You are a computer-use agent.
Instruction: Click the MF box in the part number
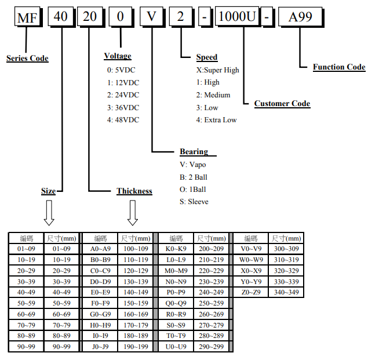pyautogui.click(x=27, y=18)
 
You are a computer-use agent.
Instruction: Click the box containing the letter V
pyautogui.click(x=151, y=18)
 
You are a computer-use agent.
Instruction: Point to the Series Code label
pyautogui.click(x=27, y=59)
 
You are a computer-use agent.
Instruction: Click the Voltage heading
pyautogui.click(x=118, y=56)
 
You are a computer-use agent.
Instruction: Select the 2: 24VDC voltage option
pyautogui.click(x=123, y=94)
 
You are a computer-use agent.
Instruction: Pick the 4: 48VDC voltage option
pyautogui.click(x=123, y=120)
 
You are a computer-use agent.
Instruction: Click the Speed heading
pyautogui.click(x=207, y=57)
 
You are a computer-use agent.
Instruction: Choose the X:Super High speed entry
pyautogui.click(x=217, y=70)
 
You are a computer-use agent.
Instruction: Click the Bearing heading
pyautogui.click(x=194, y=152)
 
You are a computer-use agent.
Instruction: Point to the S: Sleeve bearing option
pyautogui.click(x=194, y=202)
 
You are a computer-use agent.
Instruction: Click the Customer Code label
pyautogui.click(x=282, y=104)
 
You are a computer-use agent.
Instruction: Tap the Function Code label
pyautogui.click(x=339, y=67)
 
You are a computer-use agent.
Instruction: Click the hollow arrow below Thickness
pyautogui.click(x=133, y=213)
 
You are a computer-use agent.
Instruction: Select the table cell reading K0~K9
pyautogui.click(x=176, y=248)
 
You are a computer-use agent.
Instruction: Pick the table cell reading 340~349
pyautogui.click(x=287, y=292)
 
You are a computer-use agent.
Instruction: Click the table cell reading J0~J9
pyautogui.click(x=100, y=347)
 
